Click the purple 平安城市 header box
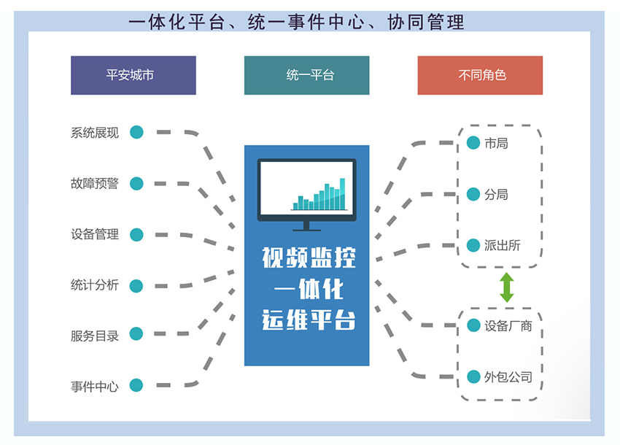coord(133,75)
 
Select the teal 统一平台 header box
coord(306,75)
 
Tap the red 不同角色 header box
coord(480,75)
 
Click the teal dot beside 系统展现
coord(136,132)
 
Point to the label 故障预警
coord(94,183)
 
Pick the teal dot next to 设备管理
coord(136,234)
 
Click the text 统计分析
coord(94,285)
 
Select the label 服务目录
coord(94,336)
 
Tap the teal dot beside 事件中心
coord(136,385)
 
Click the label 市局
coord(496,143)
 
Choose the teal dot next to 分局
coord(473,194)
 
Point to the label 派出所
coord(502,245)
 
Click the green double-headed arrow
coord(506,287)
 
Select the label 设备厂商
coord(508,325)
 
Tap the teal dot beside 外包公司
coord(473,377)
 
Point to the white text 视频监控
coord(306,258)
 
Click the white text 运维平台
coord(306,320)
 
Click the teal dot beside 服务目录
coord(136,334)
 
